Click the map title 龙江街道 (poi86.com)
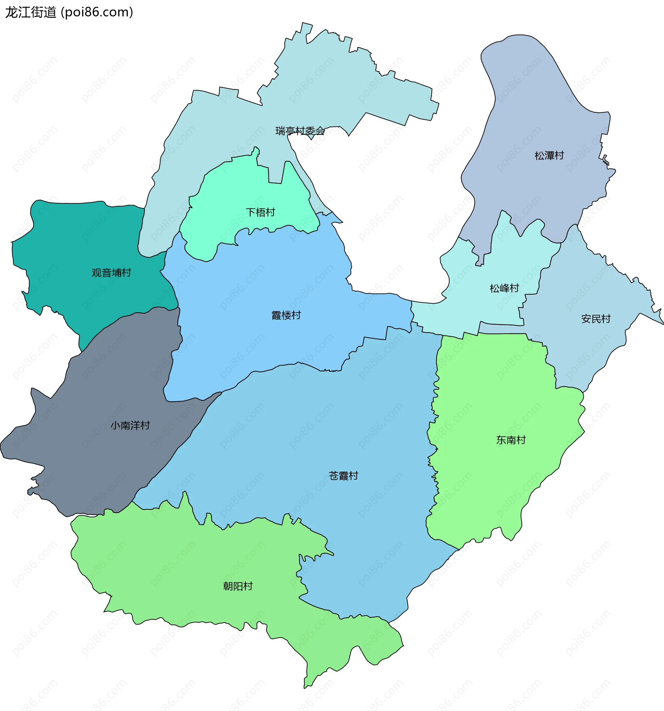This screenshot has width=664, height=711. tap(69, 12)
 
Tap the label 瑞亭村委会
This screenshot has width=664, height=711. tap(300, 131)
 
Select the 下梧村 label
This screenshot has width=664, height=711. tap(260, 212)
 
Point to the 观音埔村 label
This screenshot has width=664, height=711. tap(111, 273)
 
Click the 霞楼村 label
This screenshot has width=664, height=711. tap(286, 315)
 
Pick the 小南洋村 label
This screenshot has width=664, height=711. tap(130, 425)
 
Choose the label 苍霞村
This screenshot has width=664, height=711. tap(343, 475)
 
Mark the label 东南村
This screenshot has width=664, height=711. tap(510, 440)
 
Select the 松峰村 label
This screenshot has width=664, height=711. tap(504, 288)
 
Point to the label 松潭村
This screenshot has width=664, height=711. tap(549, 155)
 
